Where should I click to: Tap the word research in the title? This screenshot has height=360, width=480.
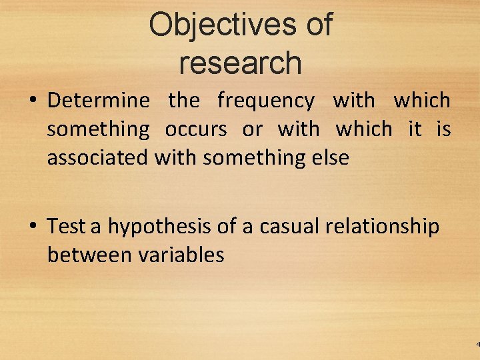pos(240,63)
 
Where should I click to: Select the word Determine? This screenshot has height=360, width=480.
pos(99,101)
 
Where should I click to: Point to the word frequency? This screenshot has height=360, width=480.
pos(266,101)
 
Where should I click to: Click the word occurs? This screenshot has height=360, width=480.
pos(195,129)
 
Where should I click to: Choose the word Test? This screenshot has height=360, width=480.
pos(67,227)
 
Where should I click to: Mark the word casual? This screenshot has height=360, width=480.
pos(289,227)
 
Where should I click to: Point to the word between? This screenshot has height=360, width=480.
pos(90,255)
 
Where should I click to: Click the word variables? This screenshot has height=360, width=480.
pos(181,255)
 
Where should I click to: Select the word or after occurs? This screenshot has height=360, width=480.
pos(252,129)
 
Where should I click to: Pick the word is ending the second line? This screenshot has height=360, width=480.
pos(443,129)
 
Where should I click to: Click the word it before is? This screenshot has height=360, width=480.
pos(414,129)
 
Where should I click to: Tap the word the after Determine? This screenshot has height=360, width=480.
pos(183,101)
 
